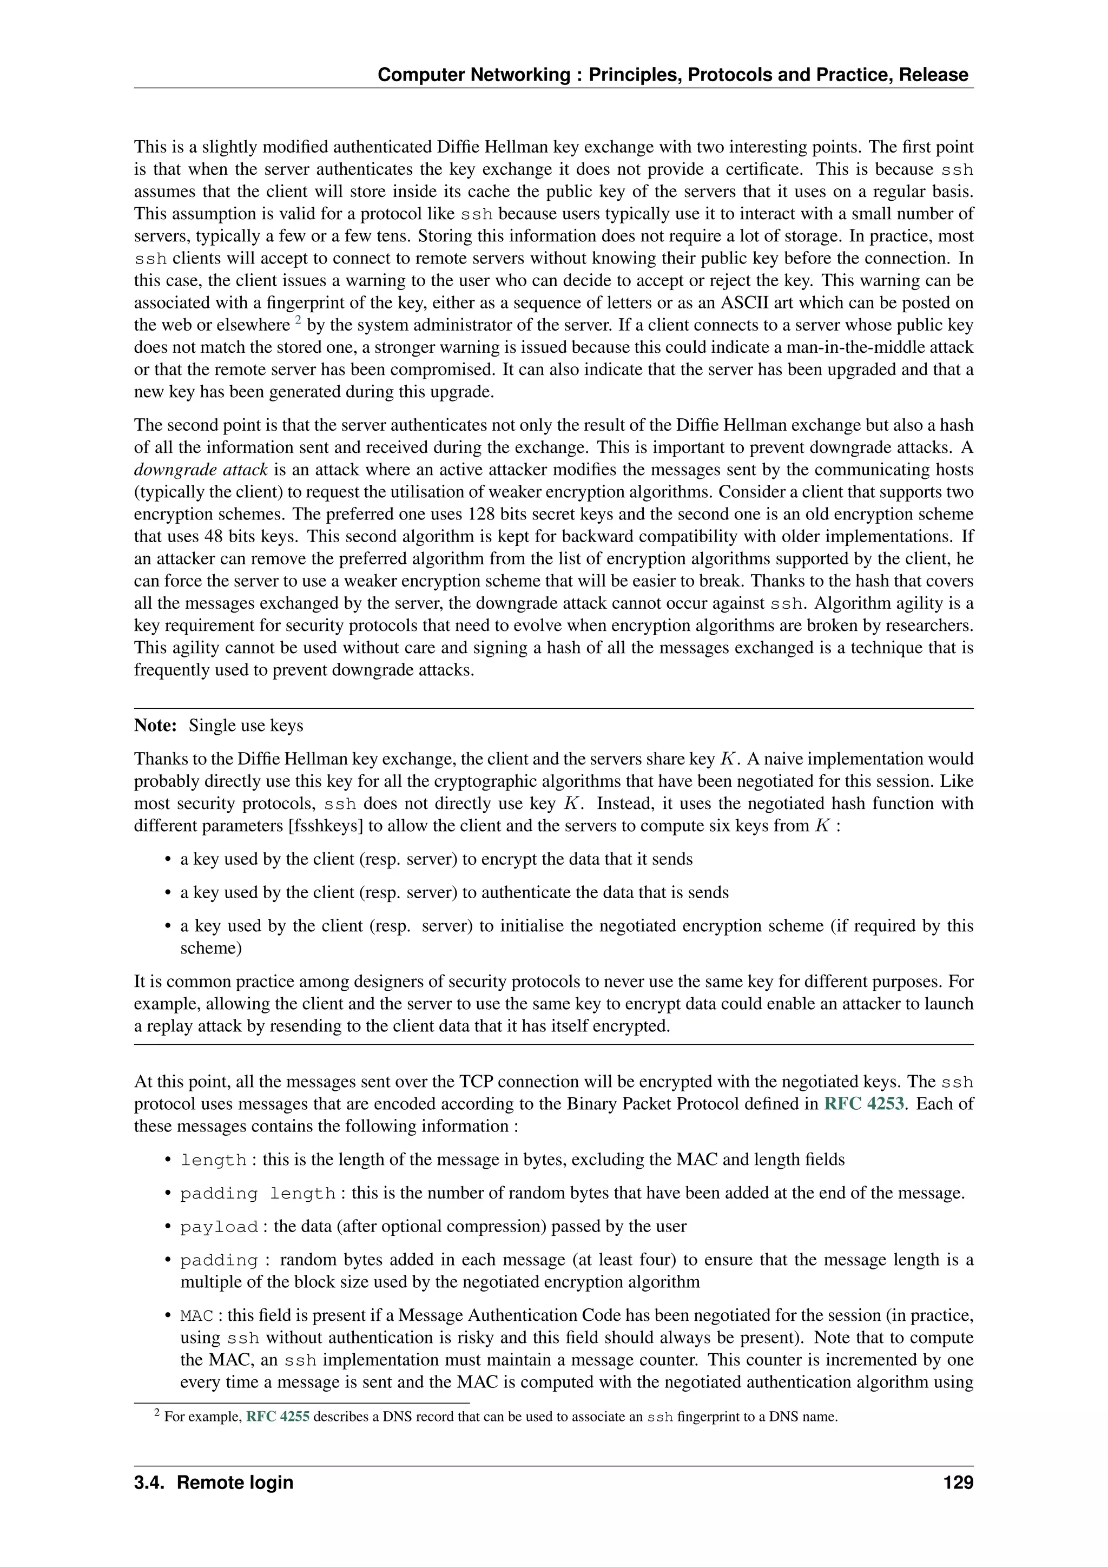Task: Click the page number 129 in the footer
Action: coord(957,1483)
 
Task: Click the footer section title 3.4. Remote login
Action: coord(214,1483)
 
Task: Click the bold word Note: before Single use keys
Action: coord(156,726)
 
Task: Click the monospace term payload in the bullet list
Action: coord(219,1227)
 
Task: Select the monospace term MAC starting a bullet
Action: coord(196,1316)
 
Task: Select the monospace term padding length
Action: coord(258,1194)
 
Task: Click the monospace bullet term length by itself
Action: coord(213,1160)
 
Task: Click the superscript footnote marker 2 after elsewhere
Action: coord(298,320)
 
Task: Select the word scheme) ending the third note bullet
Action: coord(211,948)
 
